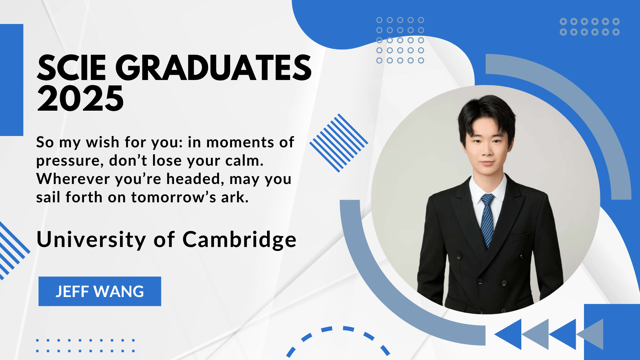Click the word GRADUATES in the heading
tap(214, 68)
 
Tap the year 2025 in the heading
tap(80, 98)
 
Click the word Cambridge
tap(239, 240)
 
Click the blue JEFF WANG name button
tap(100, 291)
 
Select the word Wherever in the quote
tap(73, 179)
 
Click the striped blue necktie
tap(487, 219)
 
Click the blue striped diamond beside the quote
tap(339, 143)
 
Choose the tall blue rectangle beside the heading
tap(12, 80)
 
